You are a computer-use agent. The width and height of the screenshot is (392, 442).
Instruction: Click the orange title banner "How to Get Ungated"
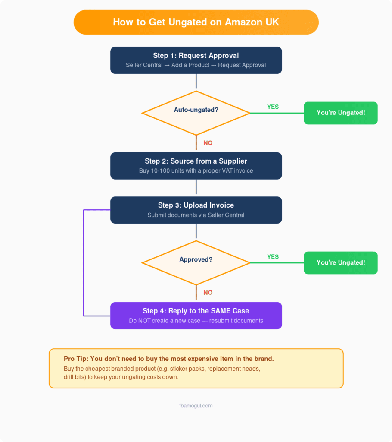point(196,22)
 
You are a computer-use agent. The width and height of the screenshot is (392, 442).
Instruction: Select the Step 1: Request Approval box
point(196,60)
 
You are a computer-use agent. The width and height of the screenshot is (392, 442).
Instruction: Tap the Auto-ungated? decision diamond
point(196,110)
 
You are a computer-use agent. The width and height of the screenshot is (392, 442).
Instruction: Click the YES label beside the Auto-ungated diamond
point(273,107)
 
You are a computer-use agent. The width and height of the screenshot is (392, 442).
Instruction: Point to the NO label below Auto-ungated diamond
point(208,143)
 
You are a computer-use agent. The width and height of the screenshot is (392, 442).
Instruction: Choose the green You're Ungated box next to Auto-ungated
point(340,113)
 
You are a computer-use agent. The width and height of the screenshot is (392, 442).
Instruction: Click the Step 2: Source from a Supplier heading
point(196,161)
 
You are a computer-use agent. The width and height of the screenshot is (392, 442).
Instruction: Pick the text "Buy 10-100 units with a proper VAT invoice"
point(196,171)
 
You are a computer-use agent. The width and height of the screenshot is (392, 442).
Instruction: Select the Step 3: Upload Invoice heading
point(196,205)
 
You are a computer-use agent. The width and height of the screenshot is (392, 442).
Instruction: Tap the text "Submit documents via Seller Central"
point(196,215)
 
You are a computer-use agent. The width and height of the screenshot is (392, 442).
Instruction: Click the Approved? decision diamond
point(196,260)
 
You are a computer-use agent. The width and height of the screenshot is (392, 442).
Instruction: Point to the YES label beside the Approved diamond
point(273,256)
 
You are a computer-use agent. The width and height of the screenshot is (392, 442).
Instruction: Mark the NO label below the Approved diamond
point(208,293)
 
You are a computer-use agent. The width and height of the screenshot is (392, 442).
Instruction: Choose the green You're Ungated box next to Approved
point(340,262)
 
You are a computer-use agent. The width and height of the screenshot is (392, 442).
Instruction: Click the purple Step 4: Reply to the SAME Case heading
point(196,311)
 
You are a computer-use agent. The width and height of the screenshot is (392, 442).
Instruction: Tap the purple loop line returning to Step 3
point(83,263)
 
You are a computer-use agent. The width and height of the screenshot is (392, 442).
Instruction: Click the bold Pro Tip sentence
point(168,359)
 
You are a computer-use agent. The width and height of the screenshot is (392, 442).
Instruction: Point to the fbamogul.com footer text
point(196,406)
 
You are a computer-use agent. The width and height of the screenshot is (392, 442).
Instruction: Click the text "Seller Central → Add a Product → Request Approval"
point(196,65)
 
